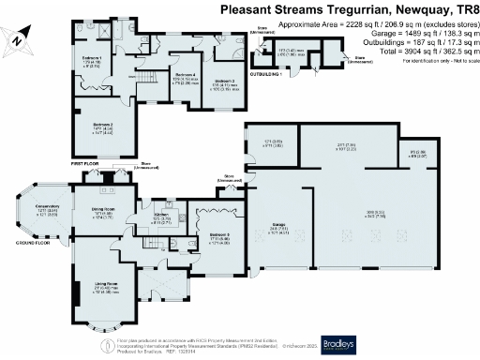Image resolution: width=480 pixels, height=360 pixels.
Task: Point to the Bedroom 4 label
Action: [184, 75]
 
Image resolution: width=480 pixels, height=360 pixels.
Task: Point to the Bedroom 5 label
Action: [219, 234]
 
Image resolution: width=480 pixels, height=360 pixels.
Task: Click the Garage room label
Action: [277, 225]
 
